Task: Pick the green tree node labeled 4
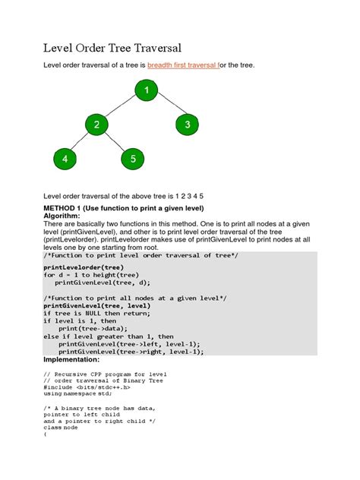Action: [x=65, y=159]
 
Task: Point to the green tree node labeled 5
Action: [x=132, y=159]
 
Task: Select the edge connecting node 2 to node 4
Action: [x=81, y=142]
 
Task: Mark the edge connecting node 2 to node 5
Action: [x=115, y=142]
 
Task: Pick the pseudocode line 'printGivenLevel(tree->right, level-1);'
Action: [x=131, y=352]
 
